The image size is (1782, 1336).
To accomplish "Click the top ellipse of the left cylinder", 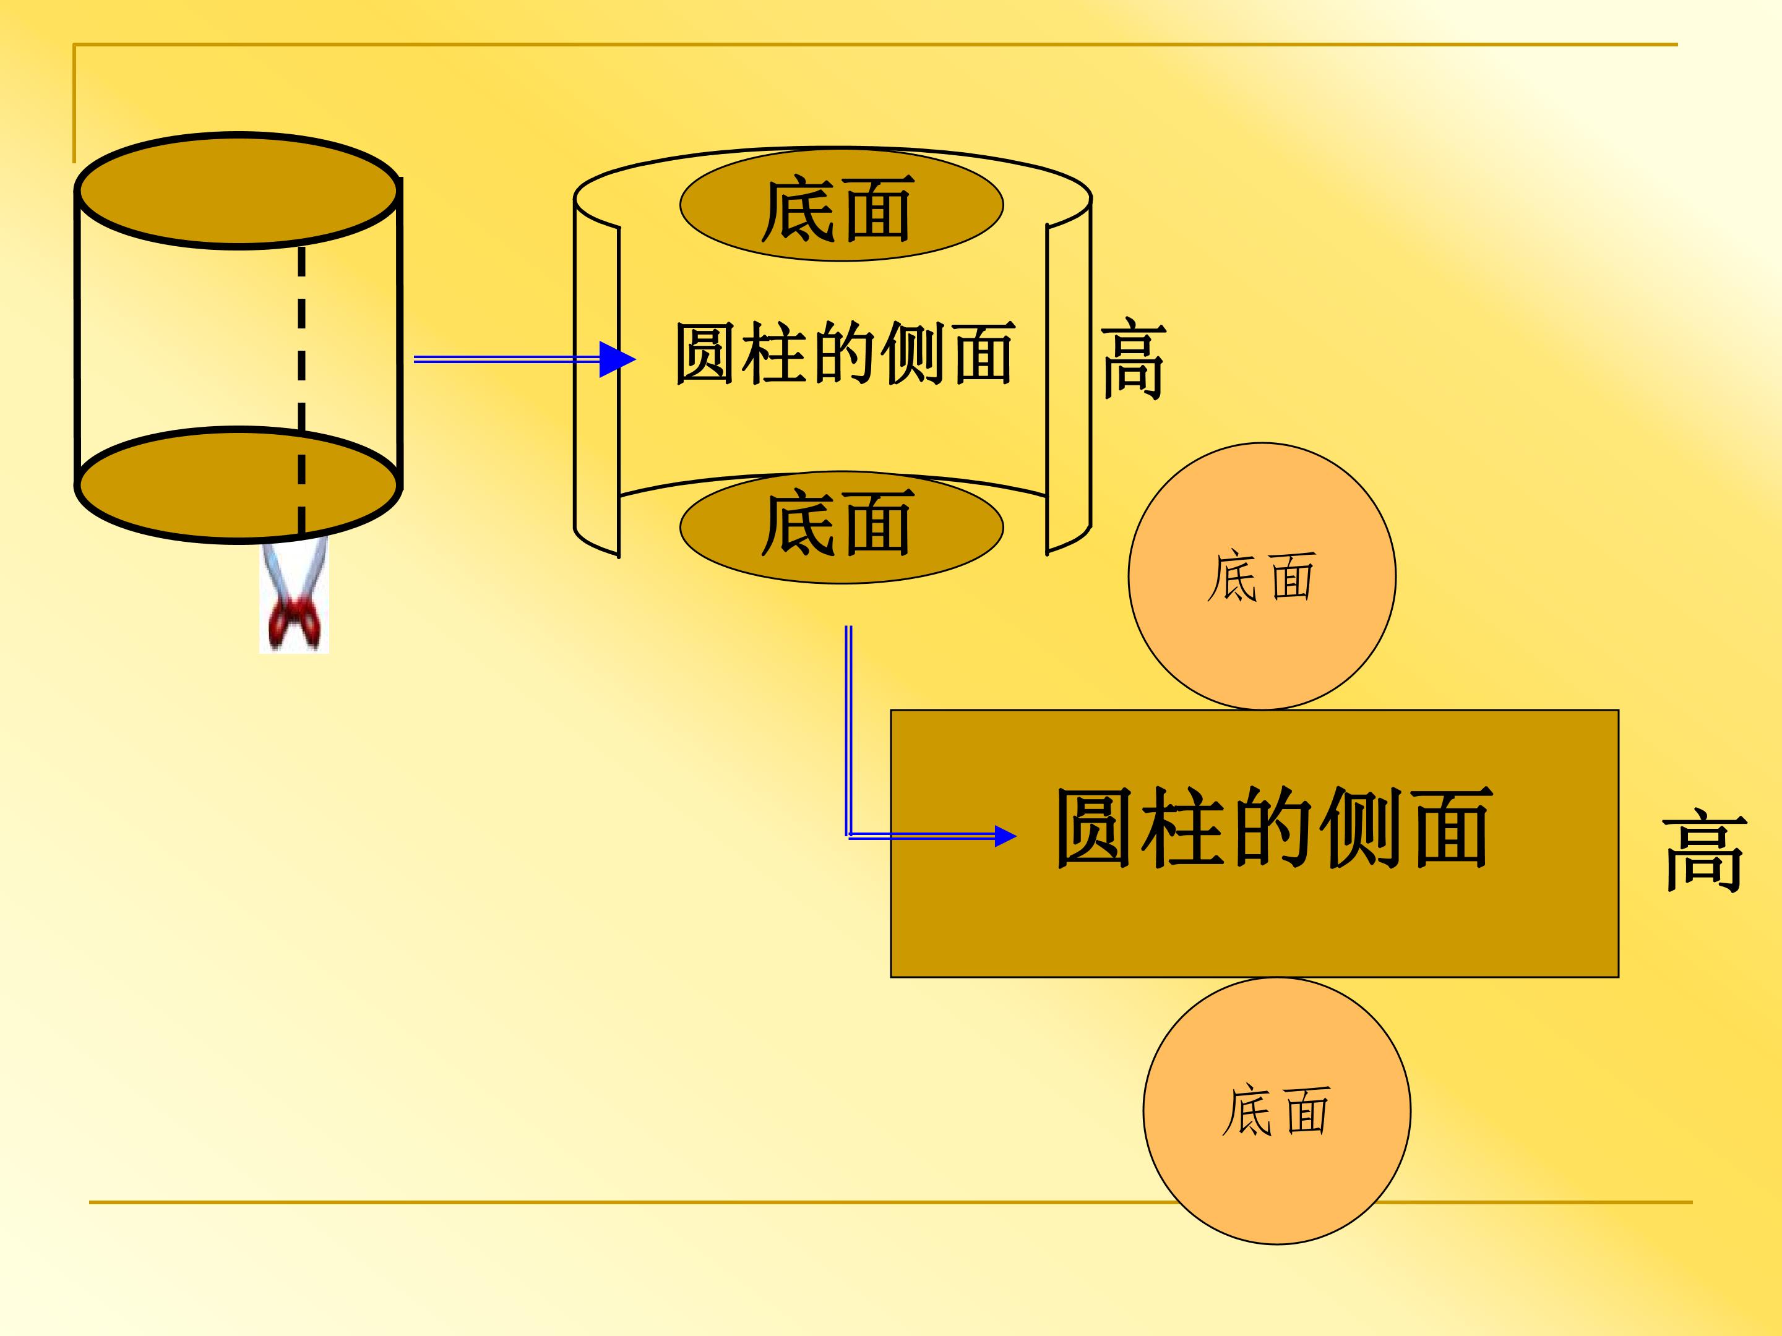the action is click(x=238, y=191).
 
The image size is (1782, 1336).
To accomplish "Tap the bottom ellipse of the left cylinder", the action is click(x=238, y=485).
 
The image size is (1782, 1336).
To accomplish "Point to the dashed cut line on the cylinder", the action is click(x=301, y=390).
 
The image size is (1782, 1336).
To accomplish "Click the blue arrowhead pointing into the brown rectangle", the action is click(x=1005, y=837).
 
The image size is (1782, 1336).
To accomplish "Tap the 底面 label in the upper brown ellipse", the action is click(x=838, y=210).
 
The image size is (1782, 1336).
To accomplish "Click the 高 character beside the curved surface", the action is click(x=1134, y=358).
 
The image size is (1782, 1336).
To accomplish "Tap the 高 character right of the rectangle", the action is click(x=1705, y=850).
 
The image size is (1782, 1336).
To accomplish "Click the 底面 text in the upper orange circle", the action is click(x=1261, y=576).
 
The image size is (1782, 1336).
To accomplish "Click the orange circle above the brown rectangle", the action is click(x=1262, y=576).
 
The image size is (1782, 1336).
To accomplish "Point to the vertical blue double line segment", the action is click(x=848, y=730).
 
